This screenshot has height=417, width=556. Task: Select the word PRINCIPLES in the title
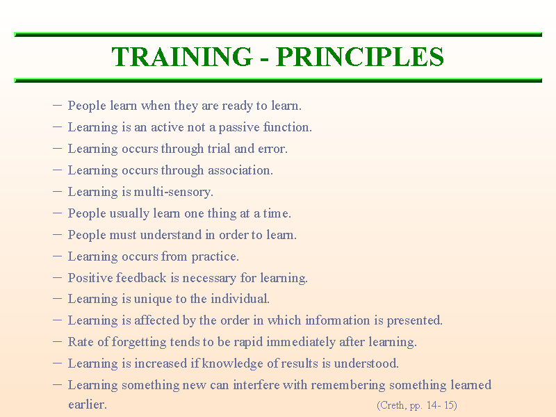point(360,57)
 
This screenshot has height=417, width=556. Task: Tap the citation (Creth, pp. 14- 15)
point(416,405)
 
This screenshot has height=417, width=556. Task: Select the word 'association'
point(239,170)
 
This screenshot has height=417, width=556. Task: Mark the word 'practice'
point(215,256)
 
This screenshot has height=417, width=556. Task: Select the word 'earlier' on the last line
point(87,405)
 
